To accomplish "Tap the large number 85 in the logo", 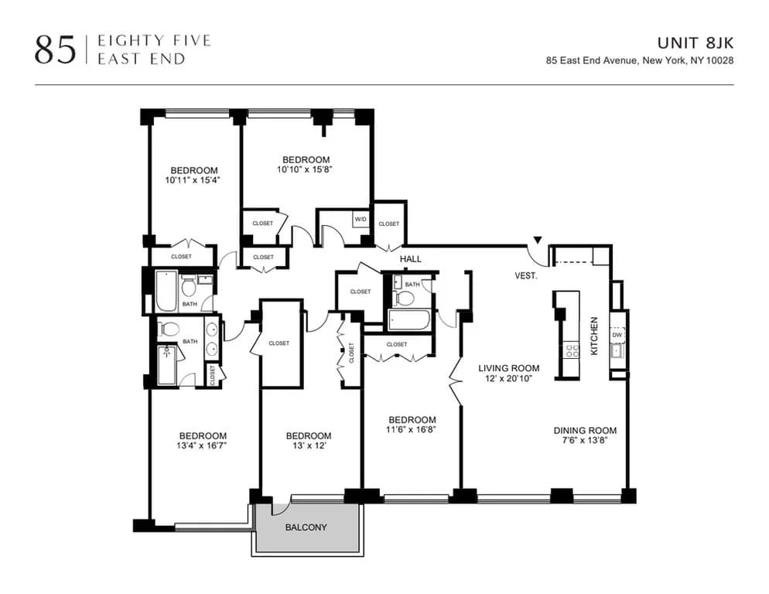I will tap(55, 49).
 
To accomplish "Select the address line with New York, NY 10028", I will tap(639, 60).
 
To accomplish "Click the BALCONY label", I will tap(306, 528).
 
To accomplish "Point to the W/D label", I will tap(361, 220).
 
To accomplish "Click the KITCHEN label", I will tap(594, 336).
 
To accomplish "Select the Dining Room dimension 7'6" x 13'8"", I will tap(585, 442).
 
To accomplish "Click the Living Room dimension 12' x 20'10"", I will tap(508, 379).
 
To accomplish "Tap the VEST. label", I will tap(526, 275).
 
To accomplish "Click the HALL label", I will tap(410, 259).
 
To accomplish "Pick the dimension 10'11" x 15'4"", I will tap(194, 180).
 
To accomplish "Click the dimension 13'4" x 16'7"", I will tap(203, 446).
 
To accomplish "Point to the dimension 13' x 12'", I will tap(308, 446).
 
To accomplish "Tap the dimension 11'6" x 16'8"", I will tap(412, 431).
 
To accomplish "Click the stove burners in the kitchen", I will tap(572, 350).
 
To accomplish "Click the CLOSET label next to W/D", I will tap(389, 224).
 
